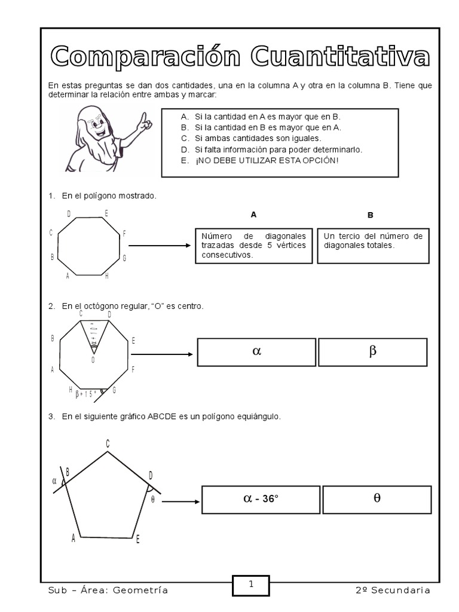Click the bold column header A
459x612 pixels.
tap(253, 215)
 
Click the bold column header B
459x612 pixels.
tap(371, 215)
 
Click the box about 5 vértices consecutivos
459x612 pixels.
tap(254, 245)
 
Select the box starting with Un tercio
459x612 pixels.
tap(373, 245)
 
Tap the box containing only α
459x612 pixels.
tap(257, 352)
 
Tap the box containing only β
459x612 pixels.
tap(372, 352)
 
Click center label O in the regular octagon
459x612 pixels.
tap(93, 360)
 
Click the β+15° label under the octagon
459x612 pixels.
tap(87, 393)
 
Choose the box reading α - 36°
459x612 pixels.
tap(261, 499)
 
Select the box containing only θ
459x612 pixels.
tap(377, 499)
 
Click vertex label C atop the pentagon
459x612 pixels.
tap(108, 443)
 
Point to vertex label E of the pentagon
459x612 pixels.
tap(137, 540)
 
